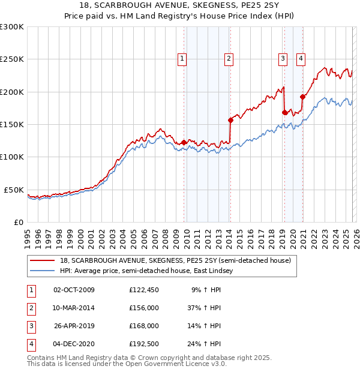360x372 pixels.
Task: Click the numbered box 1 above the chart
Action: [182, 58]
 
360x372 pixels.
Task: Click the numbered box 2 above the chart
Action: [229, 58]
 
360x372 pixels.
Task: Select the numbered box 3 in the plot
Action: [283, 58]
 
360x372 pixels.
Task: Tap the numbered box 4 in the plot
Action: [300, 58]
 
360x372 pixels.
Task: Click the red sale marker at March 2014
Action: [230, 120]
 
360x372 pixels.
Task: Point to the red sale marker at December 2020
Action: [302, 97]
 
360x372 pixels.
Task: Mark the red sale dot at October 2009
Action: [184, 142]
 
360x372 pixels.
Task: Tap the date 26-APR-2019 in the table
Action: [74, 326]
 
